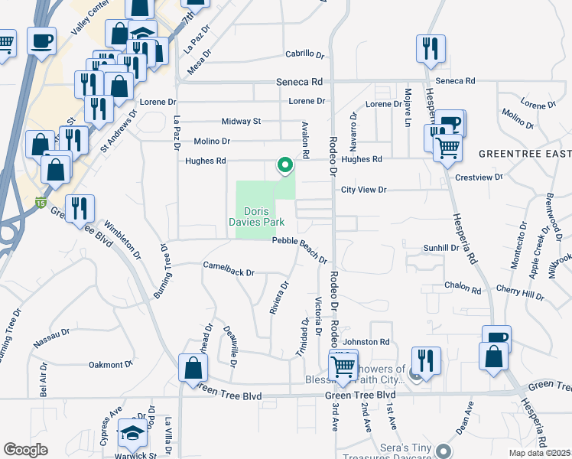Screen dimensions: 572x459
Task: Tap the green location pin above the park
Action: click(285, 164)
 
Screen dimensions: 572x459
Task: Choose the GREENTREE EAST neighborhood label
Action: click(524, 154)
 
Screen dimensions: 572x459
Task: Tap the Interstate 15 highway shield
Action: click(40, 203)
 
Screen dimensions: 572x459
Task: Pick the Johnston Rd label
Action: click(366, 342)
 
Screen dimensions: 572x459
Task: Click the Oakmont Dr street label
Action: click(111, 364)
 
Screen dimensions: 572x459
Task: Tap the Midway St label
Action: click(241, 122)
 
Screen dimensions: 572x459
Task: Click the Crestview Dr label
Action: click(478, 177)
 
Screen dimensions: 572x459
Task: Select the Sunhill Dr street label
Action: click(441, 248)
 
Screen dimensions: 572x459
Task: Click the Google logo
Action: click(25, 450)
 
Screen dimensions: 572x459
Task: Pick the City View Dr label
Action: click(364, 190)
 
